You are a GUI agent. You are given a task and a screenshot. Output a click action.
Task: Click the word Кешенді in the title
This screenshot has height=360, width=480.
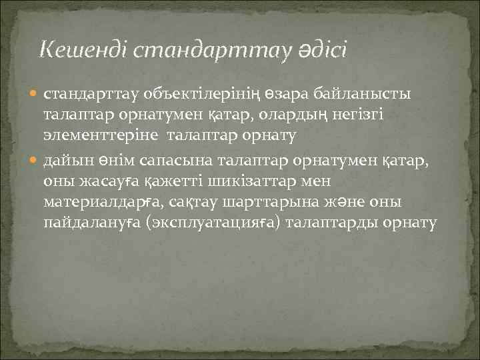coord(78,49)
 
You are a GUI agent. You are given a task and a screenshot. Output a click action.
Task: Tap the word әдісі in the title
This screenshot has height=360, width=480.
coord(319,49)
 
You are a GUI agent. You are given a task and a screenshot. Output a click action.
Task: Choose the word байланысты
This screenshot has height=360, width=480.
coord(364,93)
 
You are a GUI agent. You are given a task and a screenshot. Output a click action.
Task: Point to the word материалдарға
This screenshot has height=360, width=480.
coord(101,201)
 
